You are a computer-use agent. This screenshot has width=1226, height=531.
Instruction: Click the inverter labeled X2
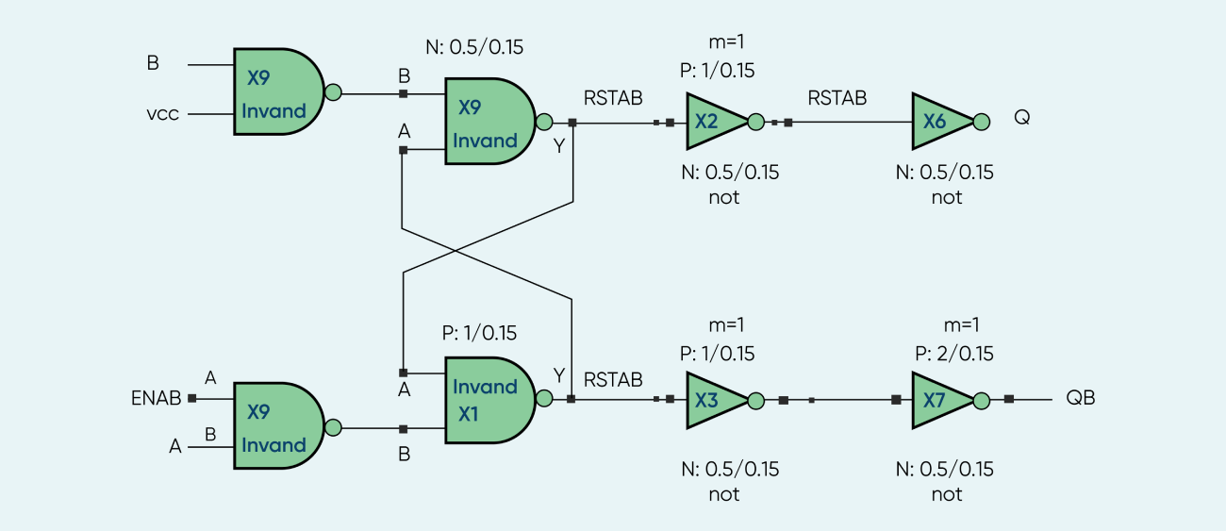pyautogui.click(x=709, y=121)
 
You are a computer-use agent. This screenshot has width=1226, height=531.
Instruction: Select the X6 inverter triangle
pyautogui.click(x=936, y=121)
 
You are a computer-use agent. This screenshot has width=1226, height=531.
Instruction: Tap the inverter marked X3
pyautogui.click(x=709, y=400)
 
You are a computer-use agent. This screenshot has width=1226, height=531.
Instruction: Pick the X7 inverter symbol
pyautogui.click(x=936, y=400)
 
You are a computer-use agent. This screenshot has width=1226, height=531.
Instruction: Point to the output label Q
pyautogui.click(x=1022, y=118)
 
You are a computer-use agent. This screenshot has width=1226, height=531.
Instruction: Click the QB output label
pyautogui.click(x=1080, y=398)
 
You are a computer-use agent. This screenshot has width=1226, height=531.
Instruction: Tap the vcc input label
pyautogui.click(x=162, y=113)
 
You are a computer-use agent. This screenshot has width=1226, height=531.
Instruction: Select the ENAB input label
pyautogui.click(x=156, y=398)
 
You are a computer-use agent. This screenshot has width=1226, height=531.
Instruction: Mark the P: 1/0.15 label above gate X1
pyautogui.click(x=479, y=333)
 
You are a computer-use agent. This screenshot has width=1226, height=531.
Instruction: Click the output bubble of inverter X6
pyautogui.click(x=981, y=122)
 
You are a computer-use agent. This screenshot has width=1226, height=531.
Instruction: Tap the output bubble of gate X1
pyautogui.click(x=543, y=399)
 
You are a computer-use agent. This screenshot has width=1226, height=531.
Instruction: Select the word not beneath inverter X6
pyautogui.click(x=946, y=197)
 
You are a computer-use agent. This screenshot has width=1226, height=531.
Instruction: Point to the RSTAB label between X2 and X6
pyautogui.click(x=837, y=97)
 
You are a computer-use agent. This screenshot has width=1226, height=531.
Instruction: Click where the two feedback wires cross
pyautogui.click(x=456, y=250)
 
